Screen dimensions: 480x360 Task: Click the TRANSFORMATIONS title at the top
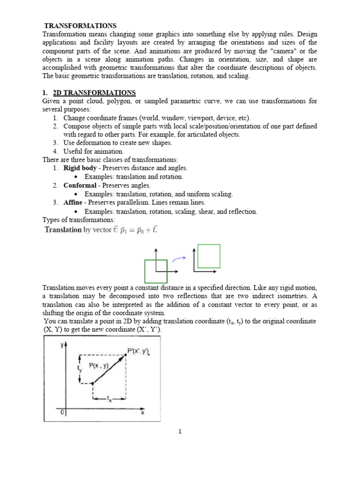[x=80, y=26]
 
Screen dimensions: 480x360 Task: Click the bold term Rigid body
[x=80, y=168]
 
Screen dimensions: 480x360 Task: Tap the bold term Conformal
[x=80, y=185]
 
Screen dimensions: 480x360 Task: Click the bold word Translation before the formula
[x=63, y=230]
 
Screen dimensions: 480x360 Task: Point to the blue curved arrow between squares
[x=178, y=258]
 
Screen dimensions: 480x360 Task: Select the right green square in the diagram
[x=209, y=256]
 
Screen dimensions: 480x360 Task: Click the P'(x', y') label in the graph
[x=139, y=350]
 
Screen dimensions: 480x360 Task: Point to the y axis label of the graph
[x=62, y=345]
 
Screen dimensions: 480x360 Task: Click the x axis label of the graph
[x=142, y=413]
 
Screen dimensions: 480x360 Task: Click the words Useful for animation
[x=93, y=151]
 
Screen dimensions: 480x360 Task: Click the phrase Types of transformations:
[x=78, y=219]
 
